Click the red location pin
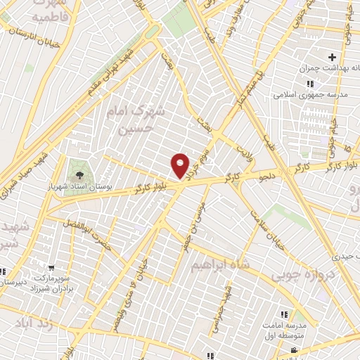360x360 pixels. click(x=181, y=165)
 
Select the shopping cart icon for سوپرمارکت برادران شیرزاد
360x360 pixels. click(x=52, y=267)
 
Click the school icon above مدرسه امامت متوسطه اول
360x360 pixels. click(x=284, y=314)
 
